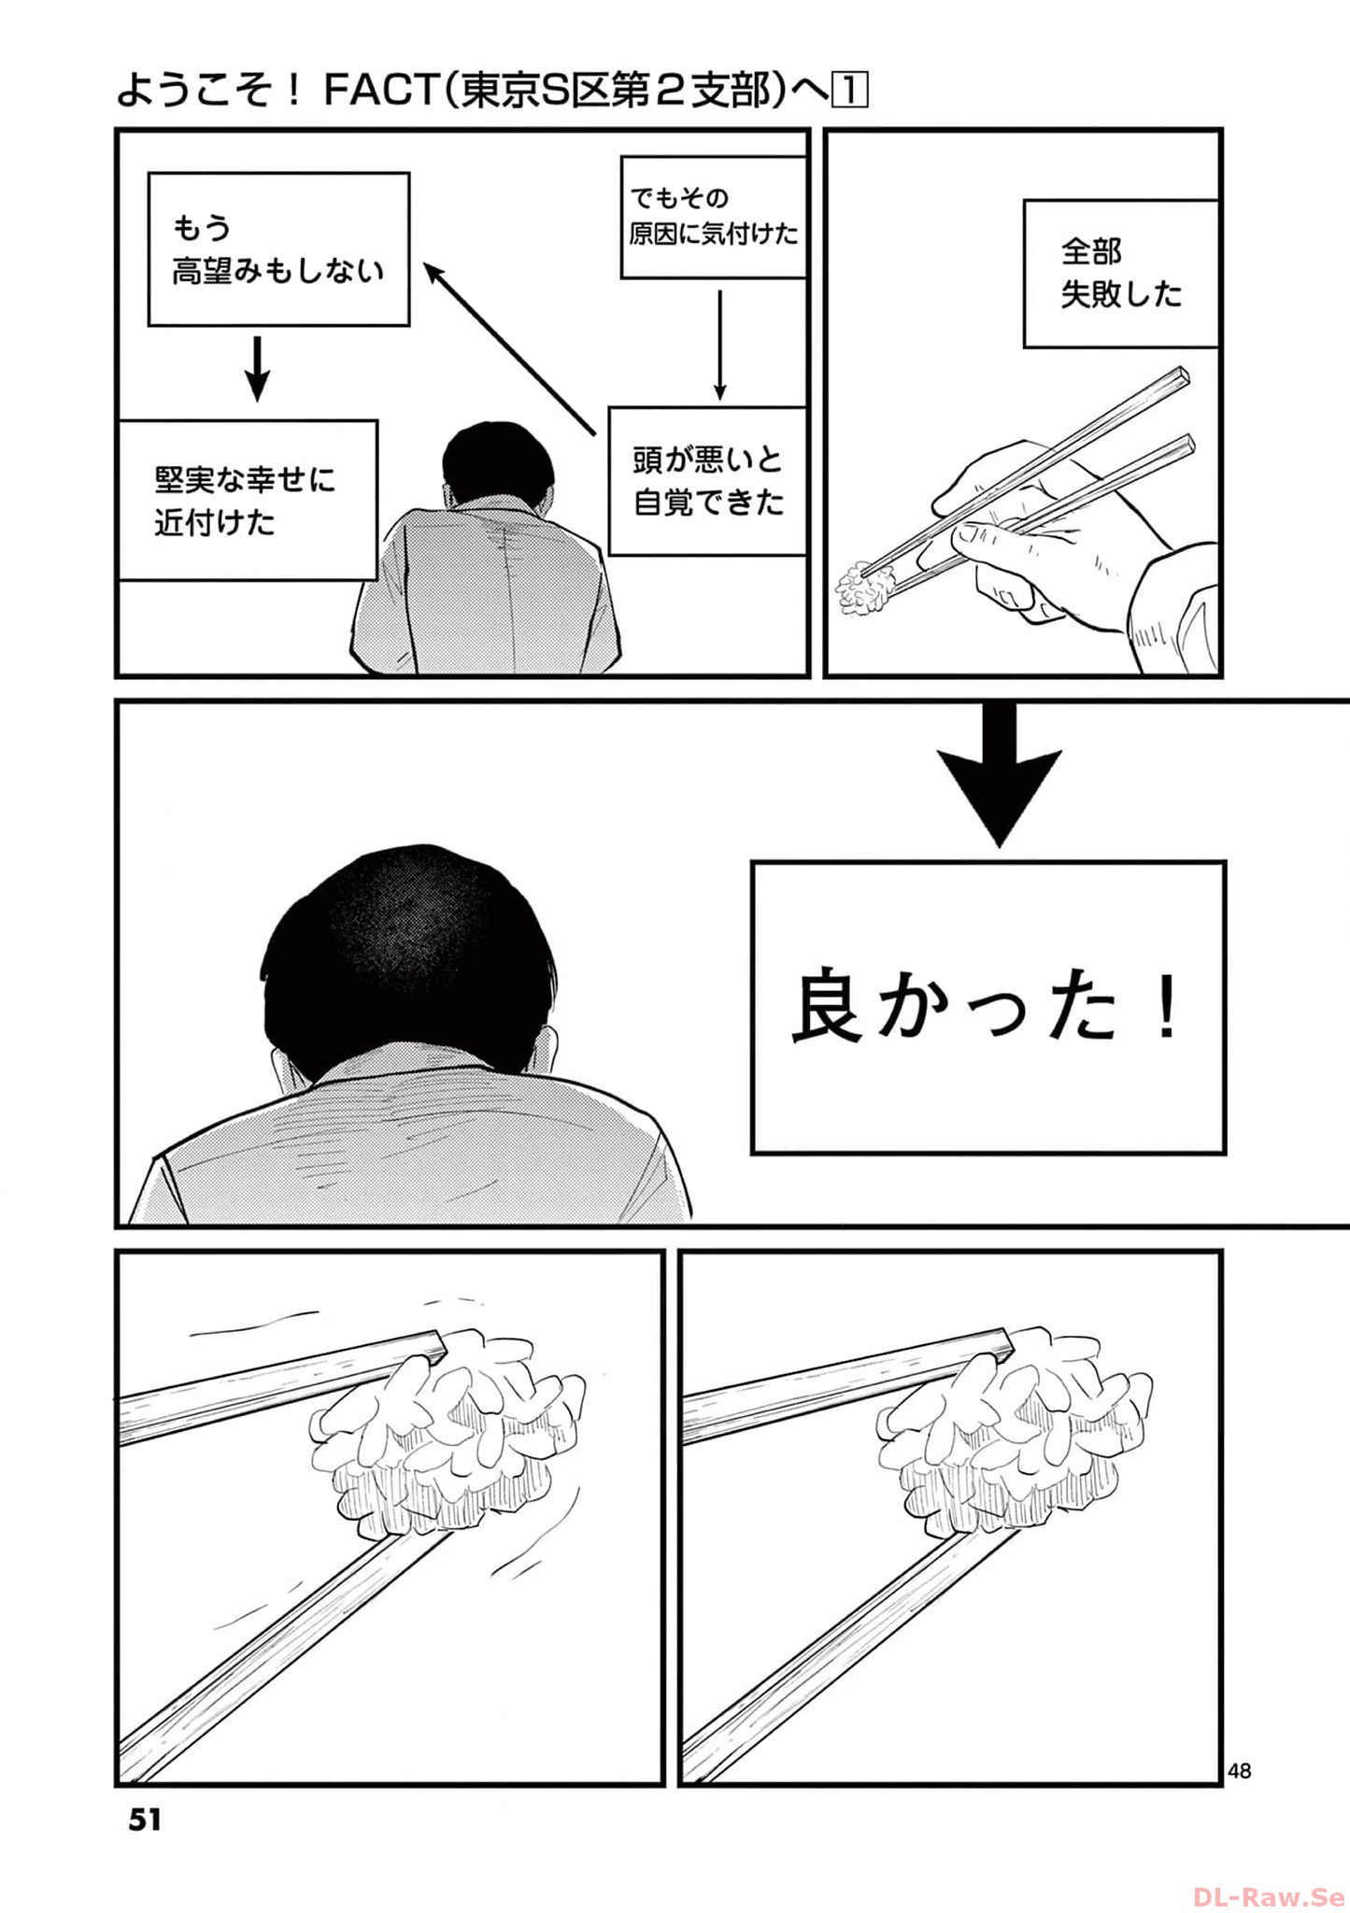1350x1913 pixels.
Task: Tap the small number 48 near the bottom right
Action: pyautogui.click(x=1239, y=1770)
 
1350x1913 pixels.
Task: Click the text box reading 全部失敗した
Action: pyautogui.click(x=1120, y=273)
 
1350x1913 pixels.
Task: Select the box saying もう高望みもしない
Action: pyautogui.click(x=278, y=248)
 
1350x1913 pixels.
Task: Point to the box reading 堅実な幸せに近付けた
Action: pyautogui.click(x=247, y=500)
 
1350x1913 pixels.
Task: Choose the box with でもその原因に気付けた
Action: pyautogui.click(x=713, y=217)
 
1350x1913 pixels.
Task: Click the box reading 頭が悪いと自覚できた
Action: pyautogui.click(x=707, y=481)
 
